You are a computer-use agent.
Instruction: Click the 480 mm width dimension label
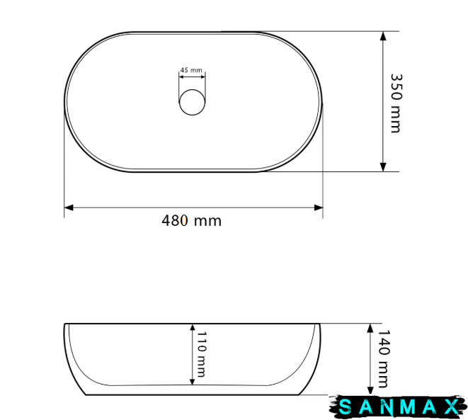[x=192, y=221]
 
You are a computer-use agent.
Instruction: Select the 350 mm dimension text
[x=396, y=103]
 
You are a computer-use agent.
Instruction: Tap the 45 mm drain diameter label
[x=191, y=70]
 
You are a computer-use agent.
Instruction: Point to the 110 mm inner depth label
[x=202, y=354]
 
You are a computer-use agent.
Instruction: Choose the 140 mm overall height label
[x=384, y=358]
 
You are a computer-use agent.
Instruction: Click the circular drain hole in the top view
[x=192, y=102]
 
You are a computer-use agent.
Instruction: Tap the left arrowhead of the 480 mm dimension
[x=69, y=208]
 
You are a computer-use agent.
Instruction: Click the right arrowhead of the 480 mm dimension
[x=319, y=208]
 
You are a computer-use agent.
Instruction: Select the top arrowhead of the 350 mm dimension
[x=383, y=36]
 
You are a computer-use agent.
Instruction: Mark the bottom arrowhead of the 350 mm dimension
[x=383, y=167]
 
